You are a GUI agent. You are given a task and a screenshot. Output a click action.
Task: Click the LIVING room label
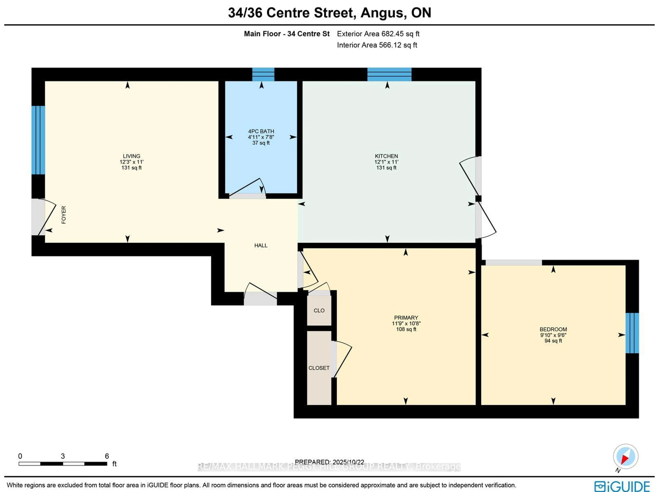131,156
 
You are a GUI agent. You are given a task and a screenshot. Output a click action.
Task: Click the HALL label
261,245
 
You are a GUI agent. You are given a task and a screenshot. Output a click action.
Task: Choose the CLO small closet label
319,310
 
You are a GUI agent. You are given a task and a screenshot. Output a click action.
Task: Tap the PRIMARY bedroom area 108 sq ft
406,329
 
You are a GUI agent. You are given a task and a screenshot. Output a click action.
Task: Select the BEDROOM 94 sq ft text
553,341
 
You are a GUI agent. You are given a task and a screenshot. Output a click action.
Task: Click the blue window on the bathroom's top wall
263,74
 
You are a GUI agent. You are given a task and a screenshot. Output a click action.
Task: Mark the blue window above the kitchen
389,74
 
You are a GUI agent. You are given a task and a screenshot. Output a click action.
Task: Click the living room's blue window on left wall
38,140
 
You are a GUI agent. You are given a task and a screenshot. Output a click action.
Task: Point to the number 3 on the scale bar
63,456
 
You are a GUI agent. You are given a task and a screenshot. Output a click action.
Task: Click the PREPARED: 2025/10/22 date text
329,462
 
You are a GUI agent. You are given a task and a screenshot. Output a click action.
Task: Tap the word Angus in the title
383,13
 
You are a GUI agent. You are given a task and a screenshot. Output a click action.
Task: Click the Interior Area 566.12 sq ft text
377,45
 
